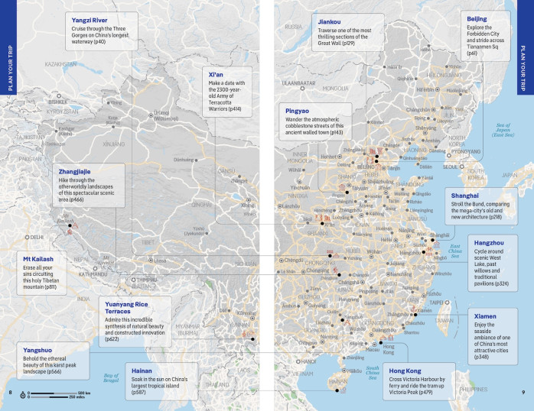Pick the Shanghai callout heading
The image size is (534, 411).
[465, 194]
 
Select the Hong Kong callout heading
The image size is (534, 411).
[405, 370]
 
